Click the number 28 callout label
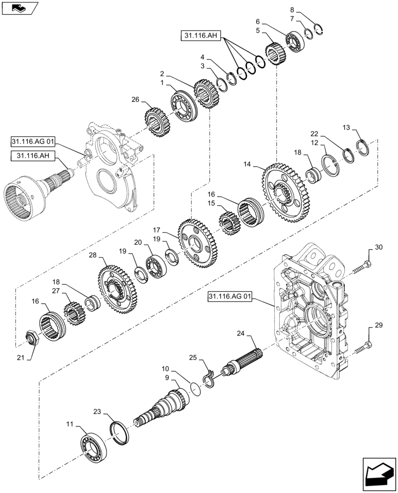coord(93,255)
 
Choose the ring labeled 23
coord(121,426)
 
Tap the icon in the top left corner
coord(19,8)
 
